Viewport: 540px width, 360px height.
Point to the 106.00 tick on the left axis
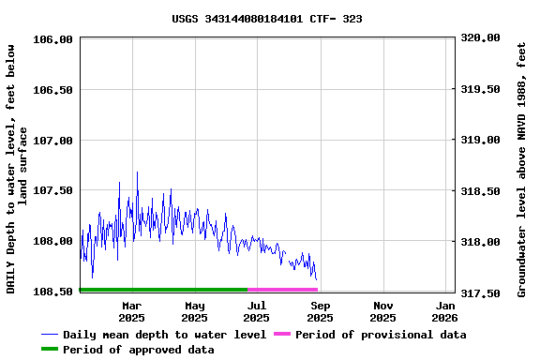(53, 39)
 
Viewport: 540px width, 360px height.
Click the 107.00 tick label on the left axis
(53, 141)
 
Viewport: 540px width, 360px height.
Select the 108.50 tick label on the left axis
(53, 292)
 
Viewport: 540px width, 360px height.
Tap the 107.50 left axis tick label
(53, 190)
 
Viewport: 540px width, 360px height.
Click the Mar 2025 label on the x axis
(132, 311)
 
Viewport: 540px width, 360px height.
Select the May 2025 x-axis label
(195, 311)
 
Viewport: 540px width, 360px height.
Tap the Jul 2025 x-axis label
(257, 311)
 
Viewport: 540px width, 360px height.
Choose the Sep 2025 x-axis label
(320, 311)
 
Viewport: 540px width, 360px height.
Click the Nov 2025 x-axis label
(382, 311)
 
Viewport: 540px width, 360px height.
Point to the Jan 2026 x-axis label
(445, 311)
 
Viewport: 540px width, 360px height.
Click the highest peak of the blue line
(137, 172)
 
